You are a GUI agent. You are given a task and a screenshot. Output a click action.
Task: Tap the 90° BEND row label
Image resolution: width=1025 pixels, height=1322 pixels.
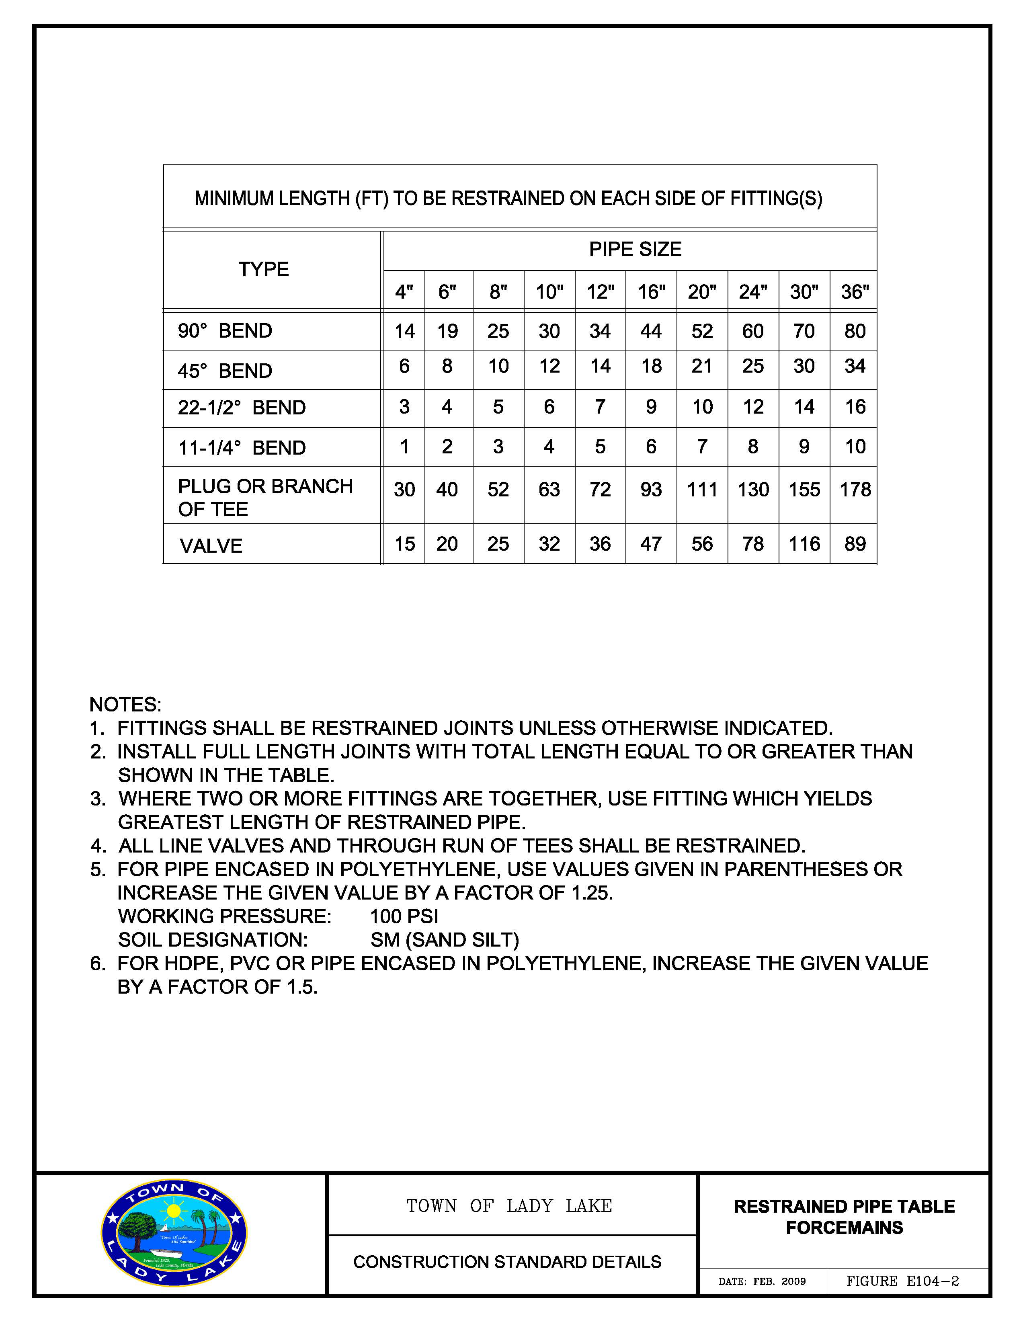[225, 331]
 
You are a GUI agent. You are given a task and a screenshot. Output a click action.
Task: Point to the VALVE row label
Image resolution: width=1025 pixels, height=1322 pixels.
[211, 546]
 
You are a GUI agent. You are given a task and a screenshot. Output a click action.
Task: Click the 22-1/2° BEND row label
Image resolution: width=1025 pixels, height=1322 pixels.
[242, 408]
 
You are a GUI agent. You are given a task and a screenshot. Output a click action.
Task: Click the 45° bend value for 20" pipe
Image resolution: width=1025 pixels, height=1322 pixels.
[702, 366]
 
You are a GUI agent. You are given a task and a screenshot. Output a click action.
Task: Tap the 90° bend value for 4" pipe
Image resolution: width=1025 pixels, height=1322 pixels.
[404, 331]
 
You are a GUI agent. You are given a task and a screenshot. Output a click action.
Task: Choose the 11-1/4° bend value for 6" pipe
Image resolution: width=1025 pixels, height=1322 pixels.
[447, 447]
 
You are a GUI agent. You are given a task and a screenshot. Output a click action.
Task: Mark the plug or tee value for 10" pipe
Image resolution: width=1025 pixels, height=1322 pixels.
[549, 490]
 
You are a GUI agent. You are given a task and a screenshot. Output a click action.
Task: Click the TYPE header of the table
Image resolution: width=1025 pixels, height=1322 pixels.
[263, 269]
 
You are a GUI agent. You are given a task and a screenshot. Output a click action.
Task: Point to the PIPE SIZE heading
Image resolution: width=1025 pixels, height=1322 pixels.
[635, 249]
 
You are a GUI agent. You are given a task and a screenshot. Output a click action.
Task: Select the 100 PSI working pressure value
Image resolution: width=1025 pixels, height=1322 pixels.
[404, 916]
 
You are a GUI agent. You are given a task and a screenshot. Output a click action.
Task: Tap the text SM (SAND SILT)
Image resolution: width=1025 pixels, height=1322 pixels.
[445, 940]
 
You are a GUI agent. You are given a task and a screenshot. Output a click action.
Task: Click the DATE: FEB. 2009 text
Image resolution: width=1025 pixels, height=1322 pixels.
[762, 1281]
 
